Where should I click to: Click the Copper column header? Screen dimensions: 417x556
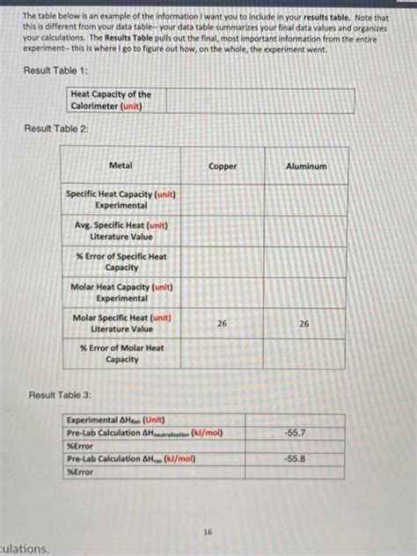(x=223, y=166)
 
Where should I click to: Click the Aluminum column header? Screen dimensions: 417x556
(x=305, y=166)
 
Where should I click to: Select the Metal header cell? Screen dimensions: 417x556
(x=121, y=165)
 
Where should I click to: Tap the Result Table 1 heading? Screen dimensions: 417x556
(x=54, y=69)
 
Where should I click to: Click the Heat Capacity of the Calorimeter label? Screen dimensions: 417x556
(x=111, y=100)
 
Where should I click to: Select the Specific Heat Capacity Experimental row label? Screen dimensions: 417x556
(x=121, y=199)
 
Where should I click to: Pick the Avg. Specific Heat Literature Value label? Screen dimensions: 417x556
(x=121, y=231)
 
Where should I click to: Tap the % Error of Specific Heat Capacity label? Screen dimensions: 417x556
(x=121, y=261)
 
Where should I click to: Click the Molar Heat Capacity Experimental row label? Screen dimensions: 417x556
(x=121, y=292)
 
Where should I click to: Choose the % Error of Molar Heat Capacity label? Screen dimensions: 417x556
(x=121, y=354)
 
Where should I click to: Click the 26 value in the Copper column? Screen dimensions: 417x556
(x=222, y=324)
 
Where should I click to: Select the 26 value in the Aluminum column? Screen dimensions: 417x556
(x=304, y=324)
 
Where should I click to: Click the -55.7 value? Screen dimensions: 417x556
(x=295, y=434)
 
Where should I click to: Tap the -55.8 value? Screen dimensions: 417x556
(x=295, y=459)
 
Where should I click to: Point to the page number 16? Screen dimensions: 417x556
(x=207, y=532)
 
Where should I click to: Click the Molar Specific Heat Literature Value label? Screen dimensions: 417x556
(x=121, y=323)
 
